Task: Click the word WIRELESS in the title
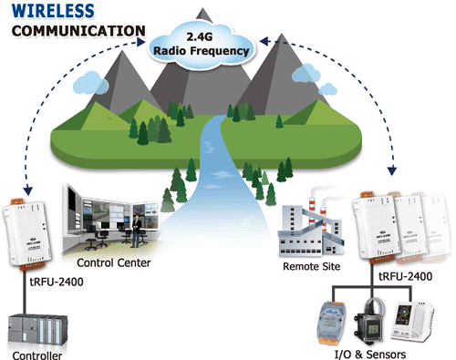coord(53,11)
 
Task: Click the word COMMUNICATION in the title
coord(78,31)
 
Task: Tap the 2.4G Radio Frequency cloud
coord(202,45)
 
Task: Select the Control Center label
coord(114,262)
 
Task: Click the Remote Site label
coord(311,266)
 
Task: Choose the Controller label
coord(37,355)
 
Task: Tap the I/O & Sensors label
coord(370,355)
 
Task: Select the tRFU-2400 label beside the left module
coord(57,282)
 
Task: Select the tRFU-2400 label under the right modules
coord(406,276)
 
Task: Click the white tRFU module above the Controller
coord(26,234)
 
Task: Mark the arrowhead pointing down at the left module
coord(28,190)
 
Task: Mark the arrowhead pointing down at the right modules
coord(392,170)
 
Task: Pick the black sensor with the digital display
coord(369,321)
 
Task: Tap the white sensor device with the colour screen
coord(412,321)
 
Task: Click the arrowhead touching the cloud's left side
coord(141,42)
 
